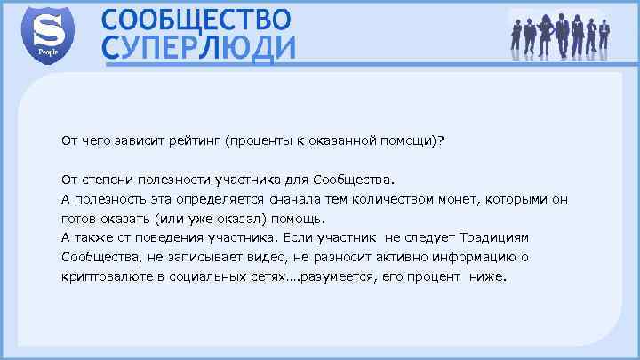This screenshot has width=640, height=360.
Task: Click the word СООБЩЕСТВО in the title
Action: click(196, 19)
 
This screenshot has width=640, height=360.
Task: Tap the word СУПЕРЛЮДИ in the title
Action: click(199, 49)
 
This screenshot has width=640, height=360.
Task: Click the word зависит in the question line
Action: click(137, 140)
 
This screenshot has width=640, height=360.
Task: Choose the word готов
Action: click(78, 218)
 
